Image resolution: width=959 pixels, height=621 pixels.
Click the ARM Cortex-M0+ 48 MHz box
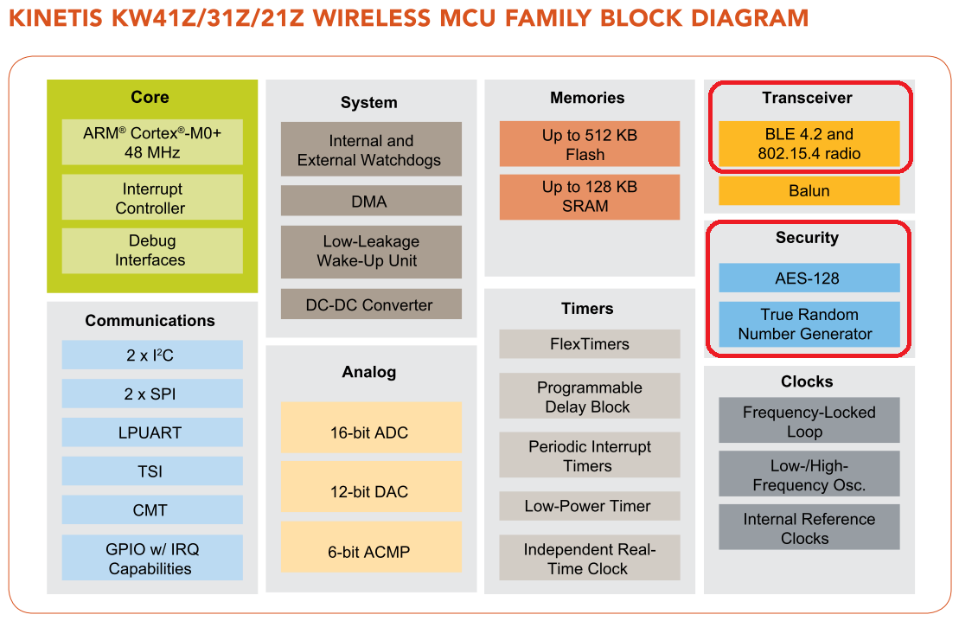click(x=152, y=143)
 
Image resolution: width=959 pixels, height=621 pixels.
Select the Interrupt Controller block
click(x=152, y=198)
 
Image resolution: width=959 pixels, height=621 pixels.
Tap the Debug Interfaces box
click(x=152, y=250)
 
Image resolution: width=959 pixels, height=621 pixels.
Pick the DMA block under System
click(x=370, y=202)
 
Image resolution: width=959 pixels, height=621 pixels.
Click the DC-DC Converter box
click(x=370, y=304)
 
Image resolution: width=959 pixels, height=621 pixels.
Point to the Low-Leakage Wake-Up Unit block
click(x=370, y=251)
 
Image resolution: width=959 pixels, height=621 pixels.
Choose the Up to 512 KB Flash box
click(x=589, y=144)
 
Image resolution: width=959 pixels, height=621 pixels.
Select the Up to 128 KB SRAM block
click(x=589, y=196)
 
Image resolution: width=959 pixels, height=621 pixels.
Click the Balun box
click(x=809, y=191)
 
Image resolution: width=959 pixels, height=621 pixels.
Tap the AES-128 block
click(x=809, y=278)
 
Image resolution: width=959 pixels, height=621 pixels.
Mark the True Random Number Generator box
click(x=809, y=324)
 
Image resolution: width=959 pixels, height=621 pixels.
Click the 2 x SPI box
click(x=152, y=394)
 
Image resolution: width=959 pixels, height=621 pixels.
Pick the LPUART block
click(x=152, y=432)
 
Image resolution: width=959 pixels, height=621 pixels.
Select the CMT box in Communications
click(x=152, y=510)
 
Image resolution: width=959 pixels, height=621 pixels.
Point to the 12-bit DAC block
click(x=370, y=491)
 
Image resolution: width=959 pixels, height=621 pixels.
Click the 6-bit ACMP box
click(x=370, y=551)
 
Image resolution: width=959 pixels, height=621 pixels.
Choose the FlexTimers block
click(x=589, y=343)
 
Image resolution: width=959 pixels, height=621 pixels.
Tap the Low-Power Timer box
click(x=589, y=506)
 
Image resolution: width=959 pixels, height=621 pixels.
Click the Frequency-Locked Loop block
click(x=809, y=421)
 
